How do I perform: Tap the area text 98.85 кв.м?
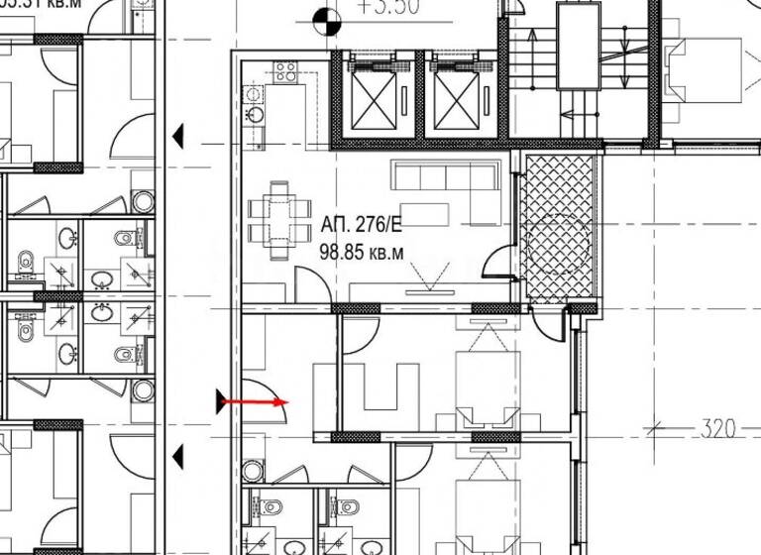point(362,252)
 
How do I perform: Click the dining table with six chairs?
point(278,210)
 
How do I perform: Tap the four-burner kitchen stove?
point(286,70)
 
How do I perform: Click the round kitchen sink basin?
point(256,112)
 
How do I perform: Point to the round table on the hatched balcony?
point(560,239)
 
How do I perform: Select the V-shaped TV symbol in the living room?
point(431,276)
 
